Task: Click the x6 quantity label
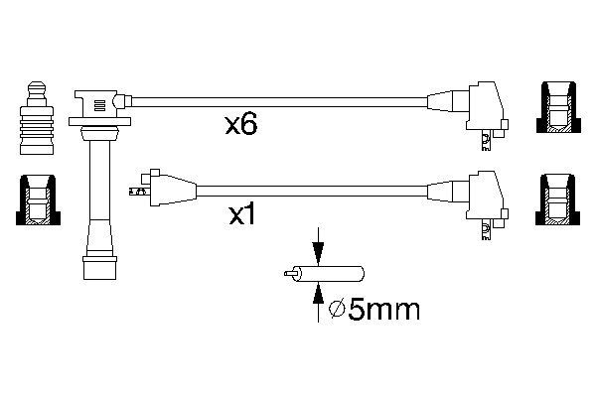[x=241, y=125]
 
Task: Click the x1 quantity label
[x=241, y=215]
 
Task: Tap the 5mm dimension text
[x=383, y=310]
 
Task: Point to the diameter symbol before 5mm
[x=337, y=310]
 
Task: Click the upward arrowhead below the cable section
[x=318, y=294]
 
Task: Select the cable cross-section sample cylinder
[x=324, y=274]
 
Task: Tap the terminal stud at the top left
[x=37, y=118]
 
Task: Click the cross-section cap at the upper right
[x=558, y=107]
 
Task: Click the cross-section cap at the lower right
[x=557, y=199]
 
